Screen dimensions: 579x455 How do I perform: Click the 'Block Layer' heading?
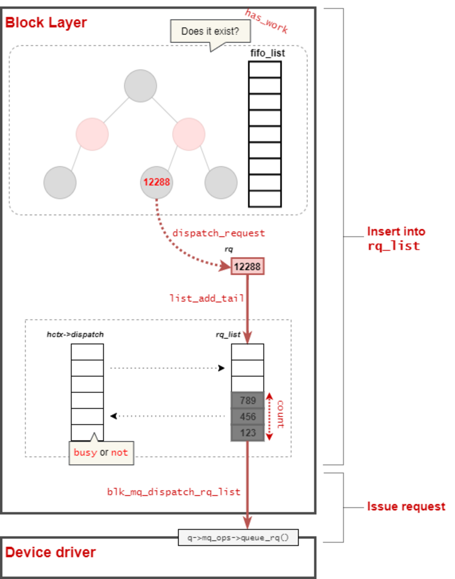pyautogui.click(x=46, y=23)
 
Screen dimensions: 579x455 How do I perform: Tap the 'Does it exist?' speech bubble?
pyautogui.click(x=210, y=31)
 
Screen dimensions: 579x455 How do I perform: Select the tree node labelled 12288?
pyautogui.click(x=156, y=182)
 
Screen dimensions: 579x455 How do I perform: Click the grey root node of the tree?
pyautogui.click(x=140, y=86)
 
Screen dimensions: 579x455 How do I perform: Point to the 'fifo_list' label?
pyautogui.click(x=267, y=53)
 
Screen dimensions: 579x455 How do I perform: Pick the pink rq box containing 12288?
pyautogui.click(x=247, y=266)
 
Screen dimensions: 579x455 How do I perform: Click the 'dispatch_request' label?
pyautogui.click(x=218, y=233)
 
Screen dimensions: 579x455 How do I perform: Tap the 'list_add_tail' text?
pyautogui.click(x=206, y=298)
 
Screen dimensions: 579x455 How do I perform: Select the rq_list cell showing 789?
pyautogui.click(x=247, y=400)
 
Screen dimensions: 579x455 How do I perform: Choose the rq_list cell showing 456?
pyautogui.click(x=247, y=416)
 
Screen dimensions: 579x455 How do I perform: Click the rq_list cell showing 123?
pyautogui.click(x=247, y=432)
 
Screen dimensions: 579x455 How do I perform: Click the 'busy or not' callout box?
pyautogui.click(x=101, y=453)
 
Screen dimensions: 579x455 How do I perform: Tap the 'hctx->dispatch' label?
pyautogui.click(x=75, y=334)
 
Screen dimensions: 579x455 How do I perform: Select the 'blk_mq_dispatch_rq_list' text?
pyautogui.click(x=174, y=492)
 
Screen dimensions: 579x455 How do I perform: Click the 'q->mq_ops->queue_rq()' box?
pyautogui.click(x=238, y=538)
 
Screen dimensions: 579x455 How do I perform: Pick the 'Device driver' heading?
pyautogui.click(x=50, y=552)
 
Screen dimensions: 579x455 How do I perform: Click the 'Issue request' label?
pyautogui.click(x=406, y=506)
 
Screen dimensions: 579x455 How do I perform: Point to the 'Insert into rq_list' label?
pyautogui.click(x=396, y=239)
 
